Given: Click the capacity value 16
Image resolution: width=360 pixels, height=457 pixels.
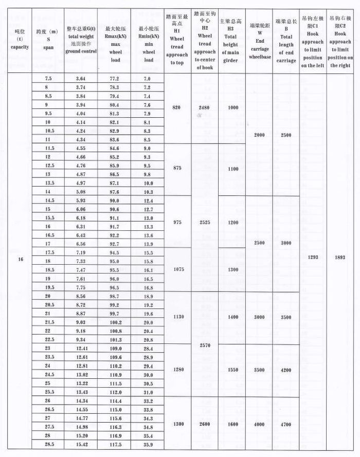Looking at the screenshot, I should click(21, 259).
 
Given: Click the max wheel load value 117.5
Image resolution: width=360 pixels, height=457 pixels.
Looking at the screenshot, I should click(114, 444).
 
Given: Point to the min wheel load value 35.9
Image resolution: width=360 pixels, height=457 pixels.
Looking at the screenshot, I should click(147, 444).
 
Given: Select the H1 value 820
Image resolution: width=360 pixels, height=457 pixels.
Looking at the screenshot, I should click(176, 107).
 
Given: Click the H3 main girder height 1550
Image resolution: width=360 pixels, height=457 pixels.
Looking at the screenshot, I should click(232, 370).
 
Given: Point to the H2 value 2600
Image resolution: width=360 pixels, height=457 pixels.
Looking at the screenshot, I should click(205, 424).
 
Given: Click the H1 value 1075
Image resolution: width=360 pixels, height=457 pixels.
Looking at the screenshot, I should click(176, 269).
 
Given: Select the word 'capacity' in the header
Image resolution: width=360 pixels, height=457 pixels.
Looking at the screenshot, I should click(20, 47).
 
